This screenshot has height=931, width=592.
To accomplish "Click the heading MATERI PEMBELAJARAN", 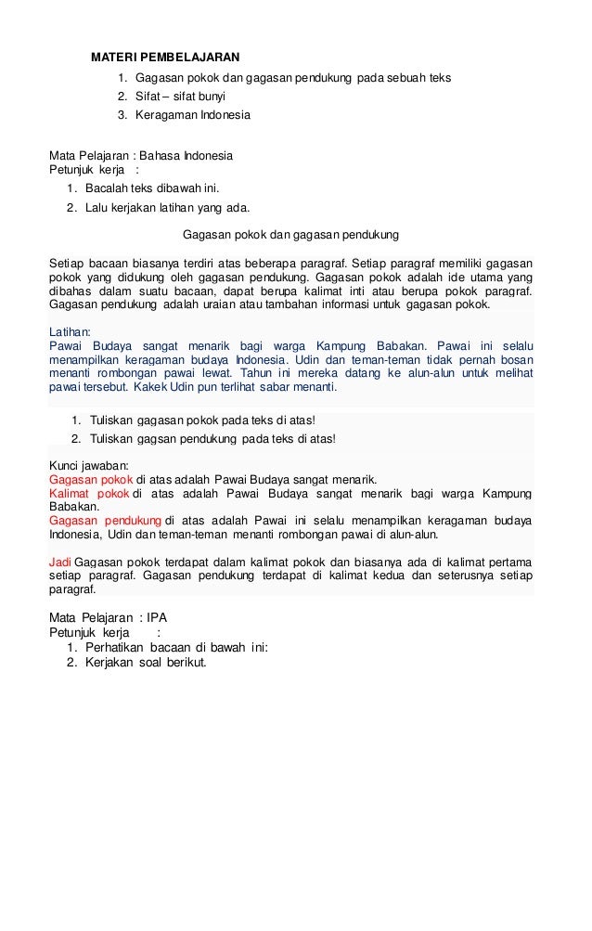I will [164, 58].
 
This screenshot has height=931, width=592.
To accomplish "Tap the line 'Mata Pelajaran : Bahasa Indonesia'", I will [140, 154].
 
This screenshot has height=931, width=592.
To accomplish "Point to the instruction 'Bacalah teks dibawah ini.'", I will [151, 188].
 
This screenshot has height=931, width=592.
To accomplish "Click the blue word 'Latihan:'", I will [70, 330].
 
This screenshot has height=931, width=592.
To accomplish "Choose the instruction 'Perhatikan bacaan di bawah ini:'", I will [175, 648].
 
